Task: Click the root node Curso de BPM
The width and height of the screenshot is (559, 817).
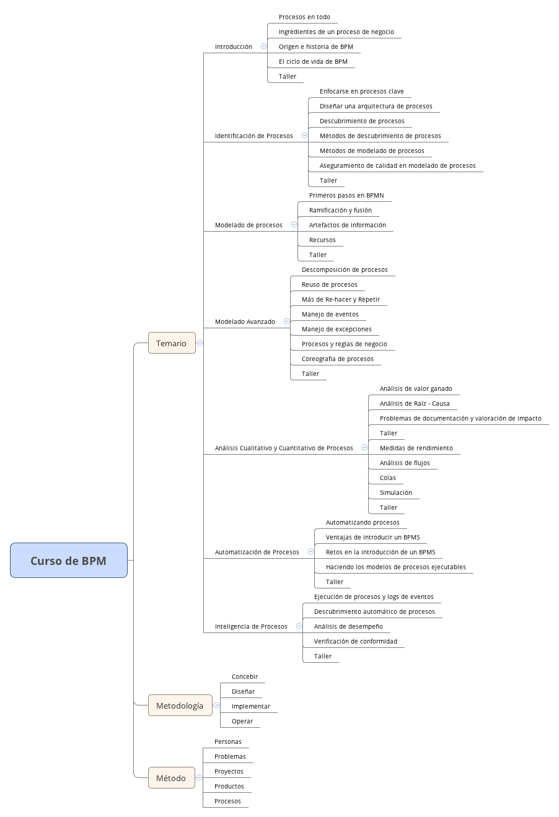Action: [68, 561]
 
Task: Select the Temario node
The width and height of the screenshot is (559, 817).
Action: [171, 343]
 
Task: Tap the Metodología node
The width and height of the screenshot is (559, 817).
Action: [179, 706]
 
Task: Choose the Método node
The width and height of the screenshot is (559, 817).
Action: [170, 778]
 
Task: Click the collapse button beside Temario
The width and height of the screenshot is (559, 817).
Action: [200, 343]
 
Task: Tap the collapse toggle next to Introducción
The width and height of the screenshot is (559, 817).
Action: [263, 46]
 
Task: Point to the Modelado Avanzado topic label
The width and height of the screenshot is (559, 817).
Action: [245, 322]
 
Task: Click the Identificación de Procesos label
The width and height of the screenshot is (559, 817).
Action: [253, 136]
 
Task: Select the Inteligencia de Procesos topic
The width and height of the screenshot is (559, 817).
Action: [251, 627]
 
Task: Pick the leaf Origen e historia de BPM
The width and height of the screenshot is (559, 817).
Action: [315, 47]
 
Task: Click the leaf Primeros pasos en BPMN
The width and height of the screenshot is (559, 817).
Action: [346, 196]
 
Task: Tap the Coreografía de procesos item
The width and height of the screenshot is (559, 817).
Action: [337, 359]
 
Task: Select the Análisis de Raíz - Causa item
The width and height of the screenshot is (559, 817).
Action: [415, 404]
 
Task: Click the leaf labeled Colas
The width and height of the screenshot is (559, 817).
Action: [387, 478]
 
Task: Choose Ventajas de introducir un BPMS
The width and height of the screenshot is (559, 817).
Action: [372, 538]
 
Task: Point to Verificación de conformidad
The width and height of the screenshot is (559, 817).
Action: [355, 642]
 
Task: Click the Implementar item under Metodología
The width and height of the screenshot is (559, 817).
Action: [250, 707]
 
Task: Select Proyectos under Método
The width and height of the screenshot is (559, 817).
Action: [229, 772]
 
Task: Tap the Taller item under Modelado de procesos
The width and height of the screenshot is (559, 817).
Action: [317, 255]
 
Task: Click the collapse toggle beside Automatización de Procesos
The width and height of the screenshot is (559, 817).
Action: [310, 552]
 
